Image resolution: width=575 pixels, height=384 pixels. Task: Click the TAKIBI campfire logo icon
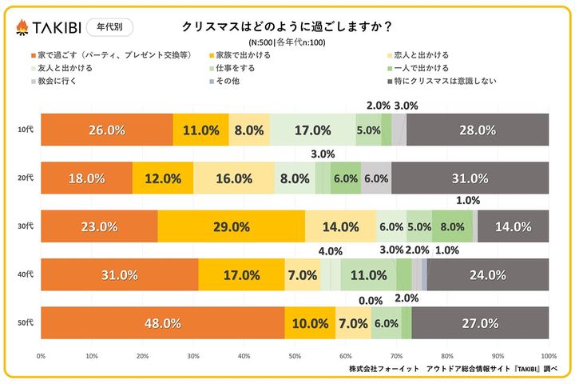23,27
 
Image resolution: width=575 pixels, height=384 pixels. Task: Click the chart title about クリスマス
287,26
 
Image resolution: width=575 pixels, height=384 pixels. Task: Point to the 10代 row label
25,130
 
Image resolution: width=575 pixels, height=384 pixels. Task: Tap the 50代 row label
25,323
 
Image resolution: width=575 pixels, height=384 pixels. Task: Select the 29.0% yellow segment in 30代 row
231,226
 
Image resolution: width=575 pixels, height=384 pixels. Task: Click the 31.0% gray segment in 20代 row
470,178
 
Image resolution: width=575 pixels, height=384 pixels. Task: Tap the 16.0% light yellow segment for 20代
233,178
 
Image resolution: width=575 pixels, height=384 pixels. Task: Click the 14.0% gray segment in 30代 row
513,226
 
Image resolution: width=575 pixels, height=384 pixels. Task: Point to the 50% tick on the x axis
295,356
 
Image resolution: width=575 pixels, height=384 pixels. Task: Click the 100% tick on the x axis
548,356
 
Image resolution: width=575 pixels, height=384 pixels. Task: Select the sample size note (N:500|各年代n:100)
287,42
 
